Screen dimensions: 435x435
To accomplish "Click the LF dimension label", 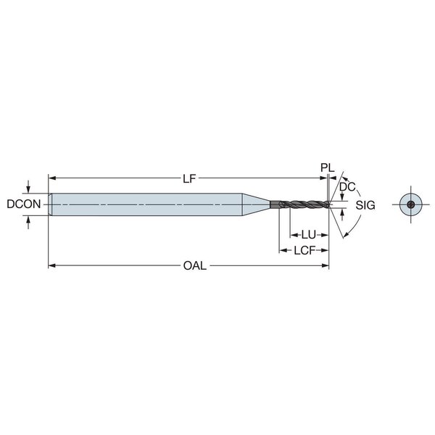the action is pyautogui.click(x=189, y=178).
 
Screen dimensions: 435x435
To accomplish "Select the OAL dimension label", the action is pyautogui.click(x=195, y=266).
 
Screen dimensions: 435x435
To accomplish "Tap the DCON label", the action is pyautogui.click(x=24, y=204).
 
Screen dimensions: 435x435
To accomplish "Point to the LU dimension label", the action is pyautogui.click(x=309, y=235).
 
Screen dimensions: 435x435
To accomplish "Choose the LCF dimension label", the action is pyautogui.click(x=304, y=251).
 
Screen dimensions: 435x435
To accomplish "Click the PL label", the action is pyautogui.click(x=328, y=168).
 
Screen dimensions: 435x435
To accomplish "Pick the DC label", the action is pyautogui.click(x=347, y=187).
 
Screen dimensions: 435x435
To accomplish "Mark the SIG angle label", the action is pyautogui.click(x=365, y=205).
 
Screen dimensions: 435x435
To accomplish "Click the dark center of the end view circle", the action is pyautogui.click(x=411, y=205).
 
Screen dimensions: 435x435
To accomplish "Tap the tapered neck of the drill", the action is pyautogui.click(x=256, y=204).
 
